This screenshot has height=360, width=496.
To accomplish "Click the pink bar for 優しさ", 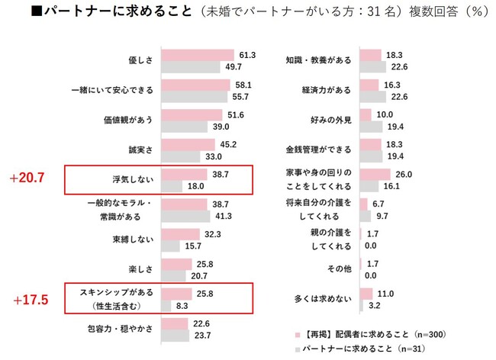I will click(197, 55).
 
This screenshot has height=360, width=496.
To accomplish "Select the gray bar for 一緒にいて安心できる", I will click(195, 98).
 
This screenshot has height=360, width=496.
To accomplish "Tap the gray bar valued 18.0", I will click(172, 186).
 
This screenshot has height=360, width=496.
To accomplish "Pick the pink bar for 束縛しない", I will click(180, 234).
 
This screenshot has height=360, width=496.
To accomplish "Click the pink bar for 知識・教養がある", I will click(370, 55).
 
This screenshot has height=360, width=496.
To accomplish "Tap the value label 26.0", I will click(402, 174).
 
